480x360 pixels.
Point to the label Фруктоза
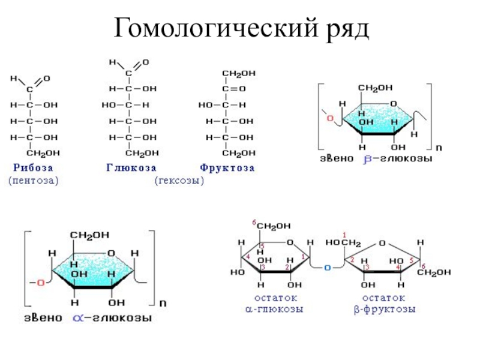point(227,169)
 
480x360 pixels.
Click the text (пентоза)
point(34,179)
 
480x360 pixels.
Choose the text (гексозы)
point(179,179)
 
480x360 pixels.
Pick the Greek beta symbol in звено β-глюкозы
point(368,160)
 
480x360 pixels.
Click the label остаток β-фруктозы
point(384,304)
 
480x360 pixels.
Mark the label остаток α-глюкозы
point(274,304)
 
